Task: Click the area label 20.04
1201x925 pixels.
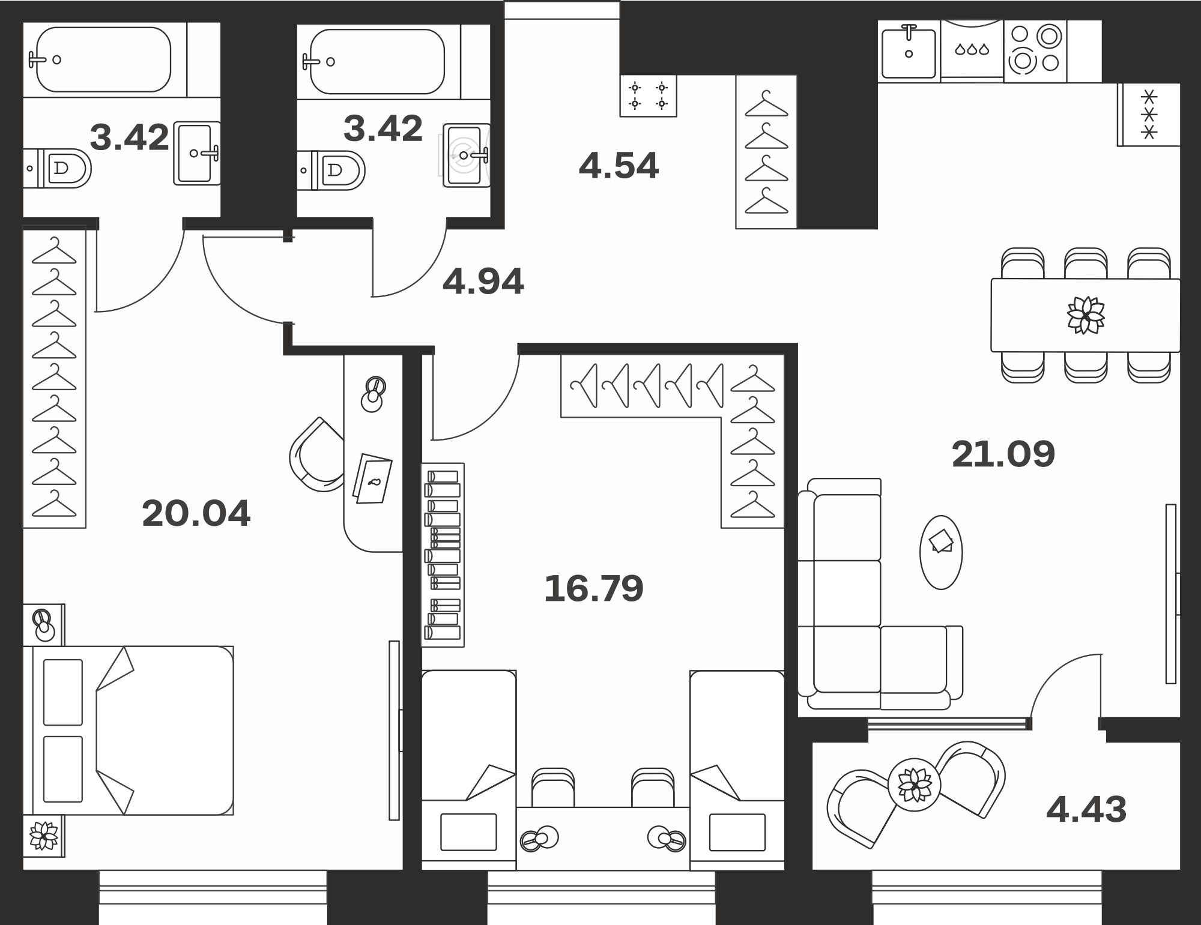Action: [x=196, y=514]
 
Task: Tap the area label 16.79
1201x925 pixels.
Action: [x=593, y=588]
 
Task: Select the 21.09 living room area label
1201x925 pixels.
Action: [x=1003, y=454]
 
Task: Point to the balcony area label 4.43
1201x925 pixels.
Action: [x=1086, y=809]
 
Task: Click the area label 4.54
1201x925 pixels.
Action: [x=619, y=166]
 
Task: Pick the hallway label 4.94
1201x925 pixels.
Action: [x=483, y=282]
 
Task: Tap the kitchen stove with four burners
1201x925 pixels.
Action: [x=1035, y=50]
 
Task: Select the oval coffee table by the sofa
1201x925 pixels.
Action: [x=941, y=552]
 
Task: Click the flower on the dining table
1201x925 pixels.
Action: [x=1086, y=315]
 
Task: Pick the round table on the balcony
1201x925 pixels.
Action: [x=914, y=785]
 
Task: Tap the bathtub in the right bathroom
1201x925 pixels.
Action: [x=377, y=61]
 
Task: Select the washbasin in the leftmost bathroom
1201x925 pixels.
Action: [x=197, y=153]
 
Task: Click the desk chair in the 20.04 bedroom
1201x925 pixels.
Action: [x=316, y=455]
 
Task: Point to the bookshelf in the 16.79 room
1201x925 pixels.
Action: [x=443, y=555]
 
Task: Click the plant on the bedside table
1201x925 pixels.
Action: [x=44, y=836]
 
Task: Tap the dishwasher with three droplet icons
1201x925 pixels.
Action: [x=972, y=50]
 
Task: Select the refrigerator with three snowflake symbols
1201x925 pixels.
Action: [x=1149, y=115]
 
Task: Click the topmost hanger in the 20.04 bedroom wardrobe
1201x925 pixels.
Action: [x=54, y=250]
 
